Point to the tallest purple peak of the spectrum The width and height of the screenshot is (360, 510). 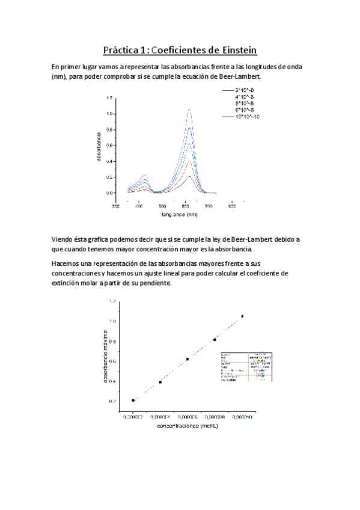189,109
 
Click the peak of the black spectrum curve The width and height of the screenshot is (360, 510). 189,176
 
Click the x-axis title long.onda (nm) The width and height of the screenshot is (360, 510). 179,214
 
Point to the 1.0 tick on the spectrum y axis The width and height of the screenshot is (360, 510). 110,114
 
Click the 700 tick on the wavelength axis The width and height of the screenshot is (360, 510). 208,205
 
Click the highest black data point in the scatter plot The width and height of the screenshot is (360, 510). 242,316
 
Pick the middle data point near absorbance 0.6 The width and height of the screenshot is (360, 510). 188,359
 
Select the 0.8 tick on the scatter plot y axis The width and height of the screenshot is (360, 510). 112,341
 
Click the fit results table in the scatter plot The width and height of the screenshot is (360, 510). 246,367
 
